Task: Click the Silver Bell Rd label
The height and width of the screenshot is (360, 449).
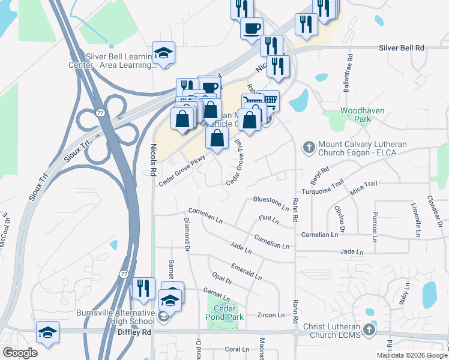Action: click(x=401, y=47)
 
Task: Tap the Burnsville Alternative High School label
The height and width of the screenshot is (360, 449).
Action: click(x=115, y=317)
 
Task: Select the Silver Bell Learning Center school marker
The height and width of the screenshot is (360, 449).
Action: click(x=163, y=53)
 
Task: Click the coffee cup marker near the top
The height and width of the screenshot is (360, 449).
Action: click(x=252, y=28)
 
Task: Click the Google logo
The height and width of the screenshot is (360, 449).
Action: click(x=20, y=353)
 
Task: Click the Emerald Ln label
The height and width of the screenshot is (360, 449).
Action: click(x=246, y=271)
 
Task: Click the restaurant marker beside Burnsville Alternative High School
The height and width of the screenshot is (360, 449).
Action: click(x=143, y=288)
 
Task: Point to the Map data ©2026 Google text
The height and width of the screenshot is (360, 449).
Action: click(x=412, y=355)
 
